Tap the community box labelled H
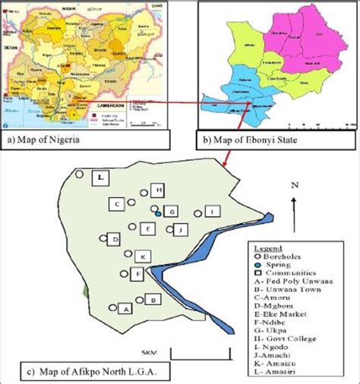coord(158,189)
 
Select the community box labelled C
coord(117,204)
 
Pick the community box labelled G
coord(172,211)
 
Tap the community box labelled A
coord(126,308)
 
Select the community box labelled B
coord(152,301)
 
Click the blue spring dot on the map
coord(158,215)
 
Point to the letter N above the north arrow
coord(294,184)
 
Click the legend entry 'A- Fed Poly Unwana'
coord(291,280)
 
